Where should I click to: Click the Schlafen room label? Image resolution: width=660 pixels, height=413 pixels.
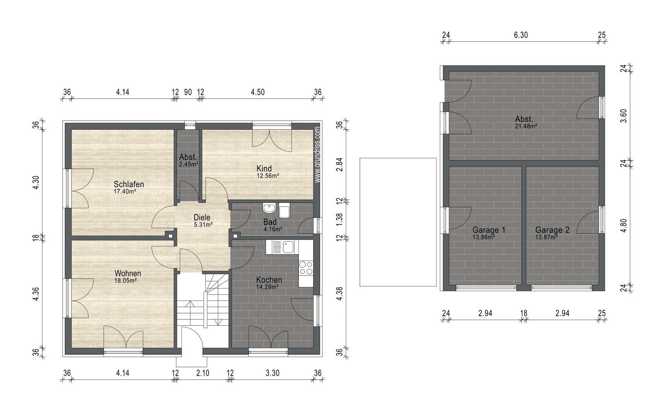click(129, 184)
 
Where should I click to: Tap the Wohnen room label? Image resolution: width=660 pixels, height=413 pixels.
click(128, 274)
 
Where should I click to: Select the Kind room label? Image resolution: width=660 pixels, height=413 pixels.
click(264, 168)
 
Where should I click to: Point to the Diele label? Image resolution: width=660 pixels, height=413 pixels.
click(202, 217)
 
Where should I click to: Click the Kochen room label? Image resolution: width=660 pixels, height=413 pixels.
click(269, 280)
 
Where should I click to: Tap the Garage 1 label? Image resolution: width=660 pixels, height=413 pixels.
click(489, 230)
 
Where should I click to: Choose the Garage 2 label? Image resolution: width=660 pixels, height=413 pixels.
click(552, 230)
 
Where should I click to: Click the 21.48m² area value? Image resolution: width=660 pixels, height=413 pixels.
click(526, 126)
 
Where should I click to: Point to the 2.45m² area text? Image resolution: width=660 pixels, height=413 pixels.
click(188, 164)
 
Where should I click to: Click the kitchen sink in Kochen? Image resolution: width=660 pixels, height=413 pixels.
click(283, 247)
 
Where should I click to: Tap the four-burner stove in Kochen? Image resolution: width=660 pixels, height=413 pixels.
click(306, 268)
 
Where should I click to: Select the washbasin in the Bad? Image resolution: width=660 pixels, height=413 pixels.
click(269, 208)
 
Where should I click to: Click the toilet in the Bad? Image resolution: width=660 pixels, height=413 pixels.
click(284, 211)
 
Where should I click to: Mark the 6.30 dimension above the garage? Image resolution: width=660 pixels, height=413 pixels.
click(521, 35)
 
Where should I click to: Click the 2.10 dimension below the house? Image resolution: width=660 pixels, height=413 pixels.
click(203, 373)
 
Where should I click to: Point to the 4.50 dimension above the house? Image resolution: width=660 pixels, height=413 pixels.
click(257, 92)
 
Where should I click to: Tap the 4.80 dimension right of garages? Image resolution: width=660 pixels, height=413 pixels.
click(624, 226)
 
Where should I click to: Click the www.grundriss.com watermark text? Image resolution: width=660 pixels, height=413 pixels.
click(317, 155)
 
